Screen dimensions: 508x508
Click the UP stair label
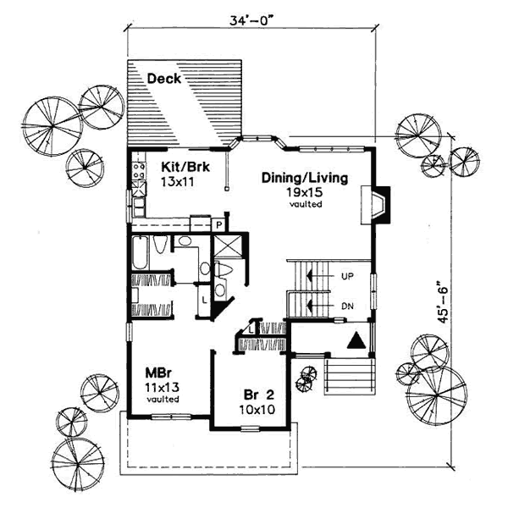(x=345, y=276)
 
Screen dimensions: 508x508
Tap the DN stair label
(x=345, y=305)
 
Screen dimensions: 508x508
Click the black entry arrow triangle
(x=357, y=340)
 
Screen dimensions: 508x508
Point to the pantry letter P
(x=218, y=224)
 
